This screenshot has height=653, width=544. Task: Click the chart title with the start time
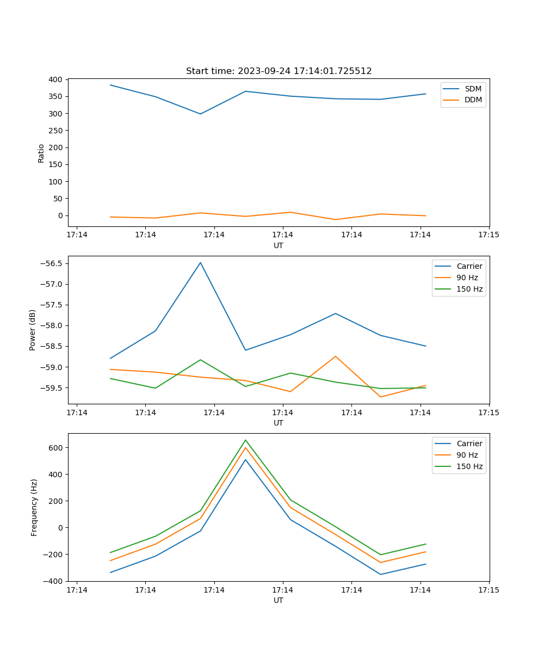[x=279, y=71]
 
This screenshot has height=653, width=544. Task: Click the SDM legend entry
[x=473, y=89]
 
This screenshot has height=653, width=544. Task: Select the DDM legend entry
[x=473, y=100]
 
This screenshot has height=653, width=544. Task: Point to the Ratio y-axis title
[x=41, y=153]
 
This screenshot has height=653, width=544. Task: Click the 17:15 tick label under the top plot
[x=489, y=235]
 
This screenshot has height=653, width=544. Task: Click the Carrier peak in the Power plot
[x=200, y=263]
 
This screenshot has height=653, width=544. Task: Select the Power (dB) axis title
[x=33, y=330]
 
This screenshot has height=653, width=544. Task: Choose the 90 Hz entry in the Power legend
[x=467, y=278]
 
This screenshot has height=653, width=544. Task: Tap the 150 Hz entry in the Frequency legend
[x=469, y=466]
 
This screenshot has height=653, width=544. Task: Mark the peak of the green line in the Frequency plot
[x=245, y=440]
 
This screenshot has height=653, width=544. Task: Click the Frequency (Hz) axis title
[x=34, y=507]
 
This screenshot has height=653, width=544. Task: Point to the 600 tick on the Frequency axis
[x=57, y=448]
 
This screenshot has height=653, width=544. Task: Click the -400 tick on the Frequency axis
[x=54, y=581]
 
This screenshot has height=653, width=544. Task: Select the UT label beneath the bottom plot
[x=279, y=600]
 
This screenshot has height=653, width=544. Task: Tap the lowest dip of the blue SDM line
[x=200, y=114]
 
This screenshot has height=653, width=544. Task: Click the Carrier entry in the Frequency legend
[x=469, y=443]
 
